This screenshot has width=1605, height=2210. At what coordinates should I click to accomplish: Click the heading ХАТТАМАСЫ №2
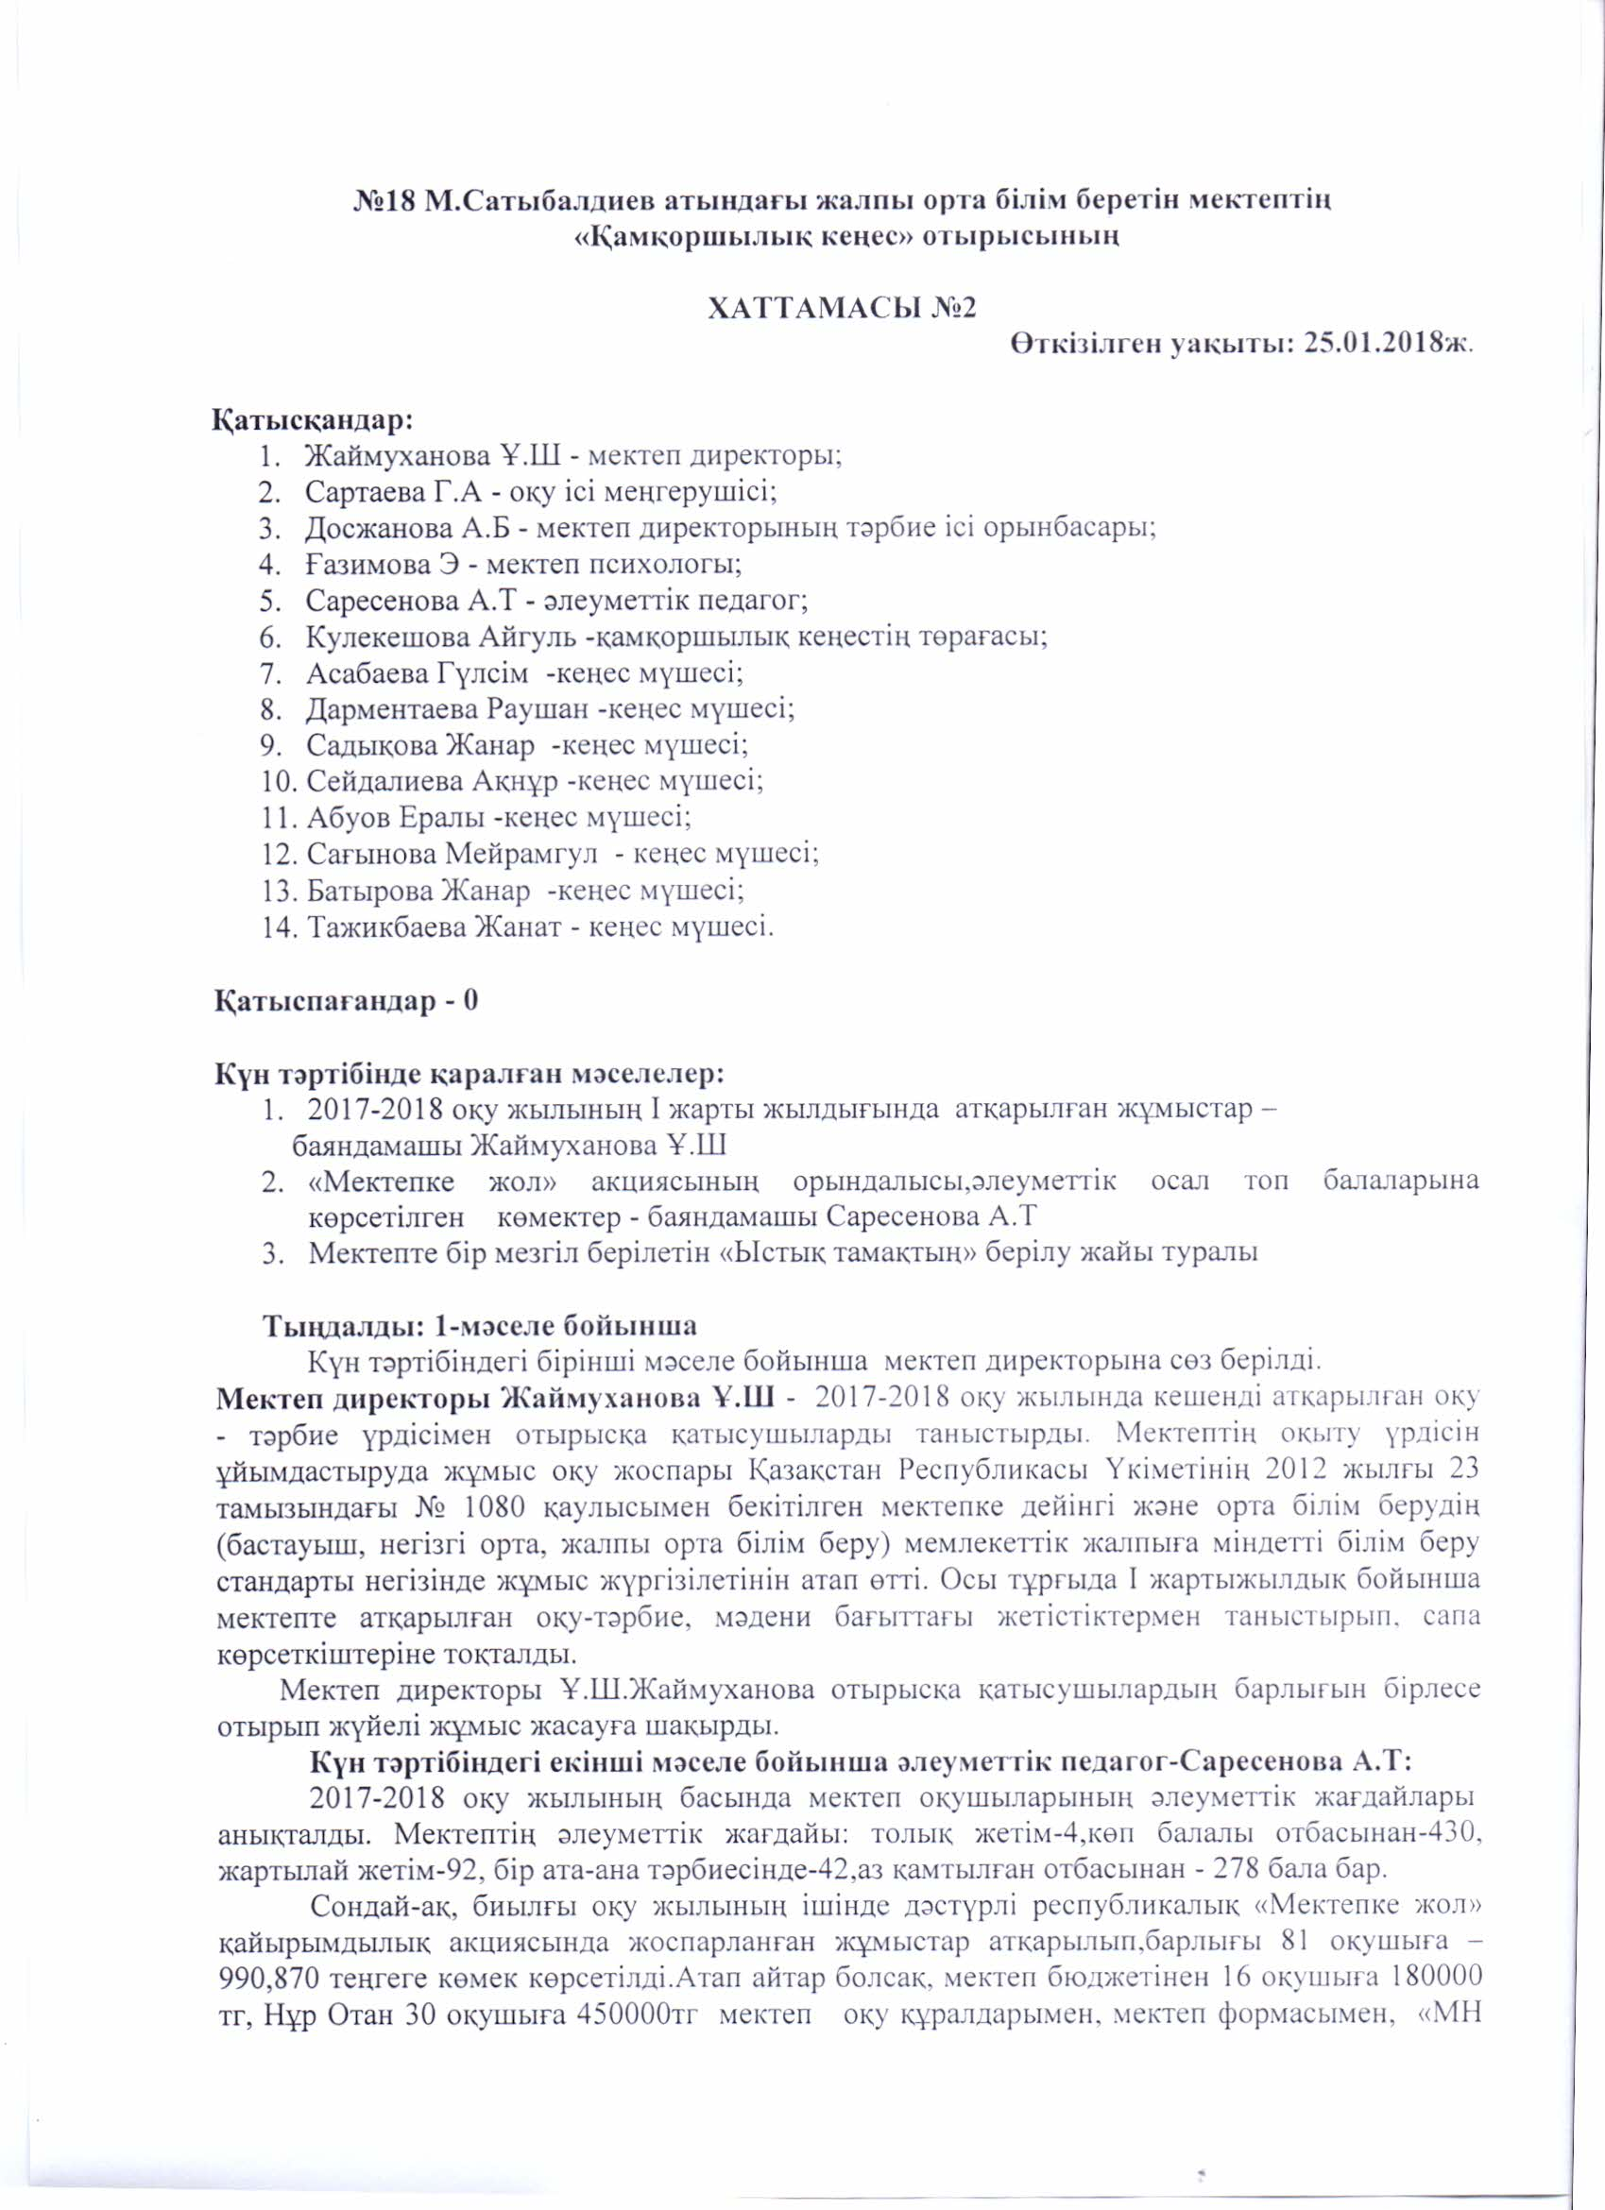[840, 308]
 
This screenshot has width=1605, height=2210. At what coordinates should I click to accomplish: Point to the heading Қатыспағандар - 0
[346, 1002]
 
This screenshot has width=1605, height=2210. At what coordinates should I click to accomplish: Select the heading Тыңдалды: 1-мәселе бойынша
[481, 1327]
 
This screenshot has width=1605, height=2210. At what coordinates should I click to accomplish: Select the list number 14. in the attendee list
[279, 926]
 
